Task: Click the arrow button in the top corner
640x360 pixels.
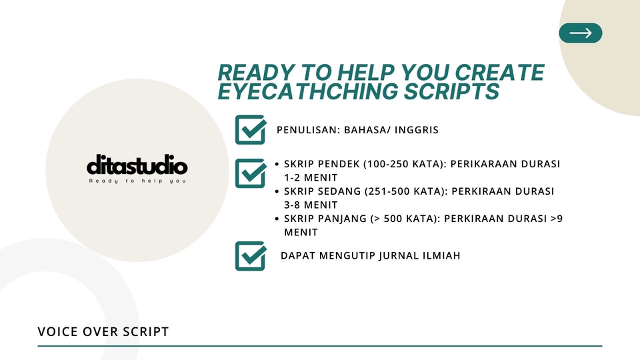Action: (x=580, y=33)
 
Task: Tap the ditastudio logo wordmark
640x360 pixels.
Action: (x=137, y=166)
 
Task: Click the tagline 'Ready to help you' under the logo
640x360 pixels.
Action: (x=137, y=181)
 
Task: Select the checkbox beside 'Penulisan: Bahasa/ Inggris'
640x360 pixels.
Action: (x=251, y=129)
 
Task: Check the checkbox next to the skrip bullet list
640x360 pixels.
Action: (x=251, y=173)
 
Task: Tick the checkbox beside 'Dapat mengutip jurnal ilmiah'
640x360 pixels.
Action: (x=251, y=256)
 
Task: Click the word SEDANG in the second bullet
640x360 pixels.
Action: (x=339, y=191)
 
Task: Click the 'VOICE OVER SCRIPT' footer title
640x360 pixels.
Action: (x=103, y=331)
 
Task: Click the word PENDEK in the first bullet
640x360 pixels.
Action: (x=338, y=164)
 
